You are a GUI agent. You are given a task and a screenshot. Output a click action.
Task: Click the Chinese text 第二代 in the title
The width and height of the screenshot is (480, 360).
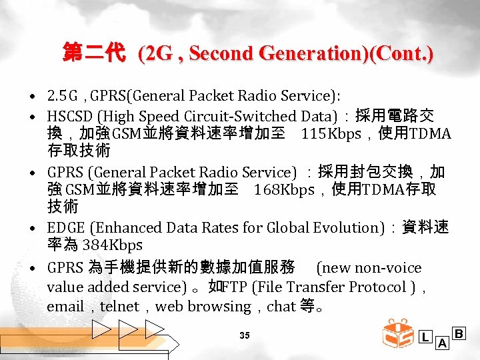tap(93, 53)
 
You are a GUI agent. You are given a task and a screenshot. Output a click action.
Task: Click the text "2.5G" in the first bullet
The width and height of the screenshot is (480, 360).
tap(63, 97)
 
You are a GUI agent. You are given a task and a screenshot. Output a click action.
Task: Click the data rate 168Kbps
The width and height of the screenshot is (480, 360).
tap(284, 190)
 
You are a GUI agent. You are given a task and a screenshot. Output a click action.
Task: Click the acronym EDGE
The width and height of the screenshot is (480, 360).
tap(65, 227)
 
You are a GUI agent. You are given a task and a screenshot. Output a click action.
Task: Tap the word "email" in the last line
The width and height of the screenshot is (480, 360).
tap(64, 307)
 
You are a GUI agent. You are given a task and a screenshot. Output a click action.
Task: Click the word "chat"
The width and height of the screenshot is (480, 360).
tap(281, 307)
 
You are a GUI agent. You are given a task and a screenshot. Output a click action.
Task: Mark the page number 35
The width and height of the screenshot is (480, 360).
tap(245, 335)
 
